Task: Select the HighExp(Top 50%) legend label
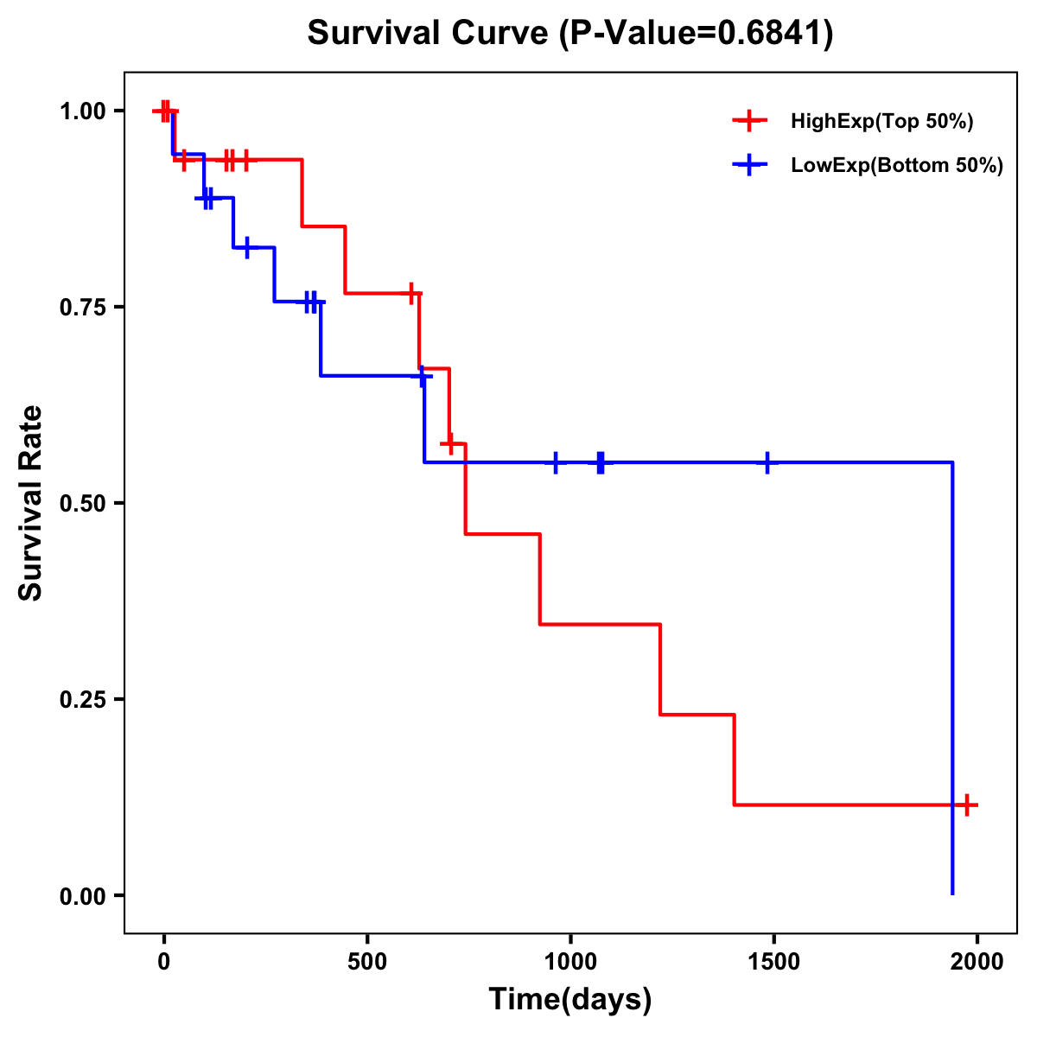[x=881, y=121]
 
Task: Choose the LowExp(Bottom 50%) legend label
[x=897, y=166]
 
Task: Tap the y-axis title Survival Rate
[x=31, y=503]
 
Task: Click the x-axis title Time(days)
[x=569, y=999]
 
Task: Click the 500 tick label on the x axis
[x=367, y=962]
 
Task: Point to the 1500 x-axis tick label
[x=773, y=962]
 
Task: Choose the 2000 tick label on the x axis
[x=977, y=962]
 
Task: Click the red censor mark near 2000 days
[x=967, y=805]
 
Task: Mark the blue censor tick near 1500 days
[x=767, y=462]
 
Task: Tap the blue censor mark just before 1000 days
[x=555, y=462]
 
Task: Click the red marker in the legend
[x=749, y=121]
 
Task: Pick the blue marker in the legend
[x=749, y=166]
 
